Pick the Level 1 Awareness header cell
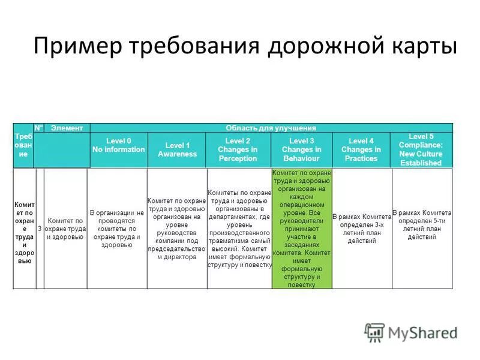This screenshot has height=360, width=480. (177, 150)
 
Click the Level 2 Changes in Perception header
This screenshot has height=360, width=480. (238, 149)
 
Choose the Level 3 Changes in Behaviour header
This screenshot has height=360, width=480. (301, 149)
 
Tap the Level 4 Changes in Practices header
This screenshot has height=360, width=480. (361, 149)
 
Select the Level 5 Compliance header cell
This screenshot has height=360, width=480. (421, 149)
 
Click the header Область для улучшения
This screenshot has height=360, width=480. (271, 128)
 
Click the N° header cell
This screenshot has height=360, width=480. (39, 128)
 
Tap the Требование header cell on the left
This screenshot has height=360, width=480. (23, 146)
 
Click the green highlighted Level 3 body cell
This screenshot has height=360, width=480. (301, 229)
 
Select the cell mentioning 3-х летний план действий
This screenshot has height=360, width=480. (361, 229)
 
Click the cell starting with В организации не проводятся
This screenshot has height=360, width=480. (117, 229)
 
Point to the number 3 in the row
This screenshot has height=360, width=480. (40, 229)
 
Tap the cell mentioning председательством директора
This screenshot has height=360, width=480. (177, 229)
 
